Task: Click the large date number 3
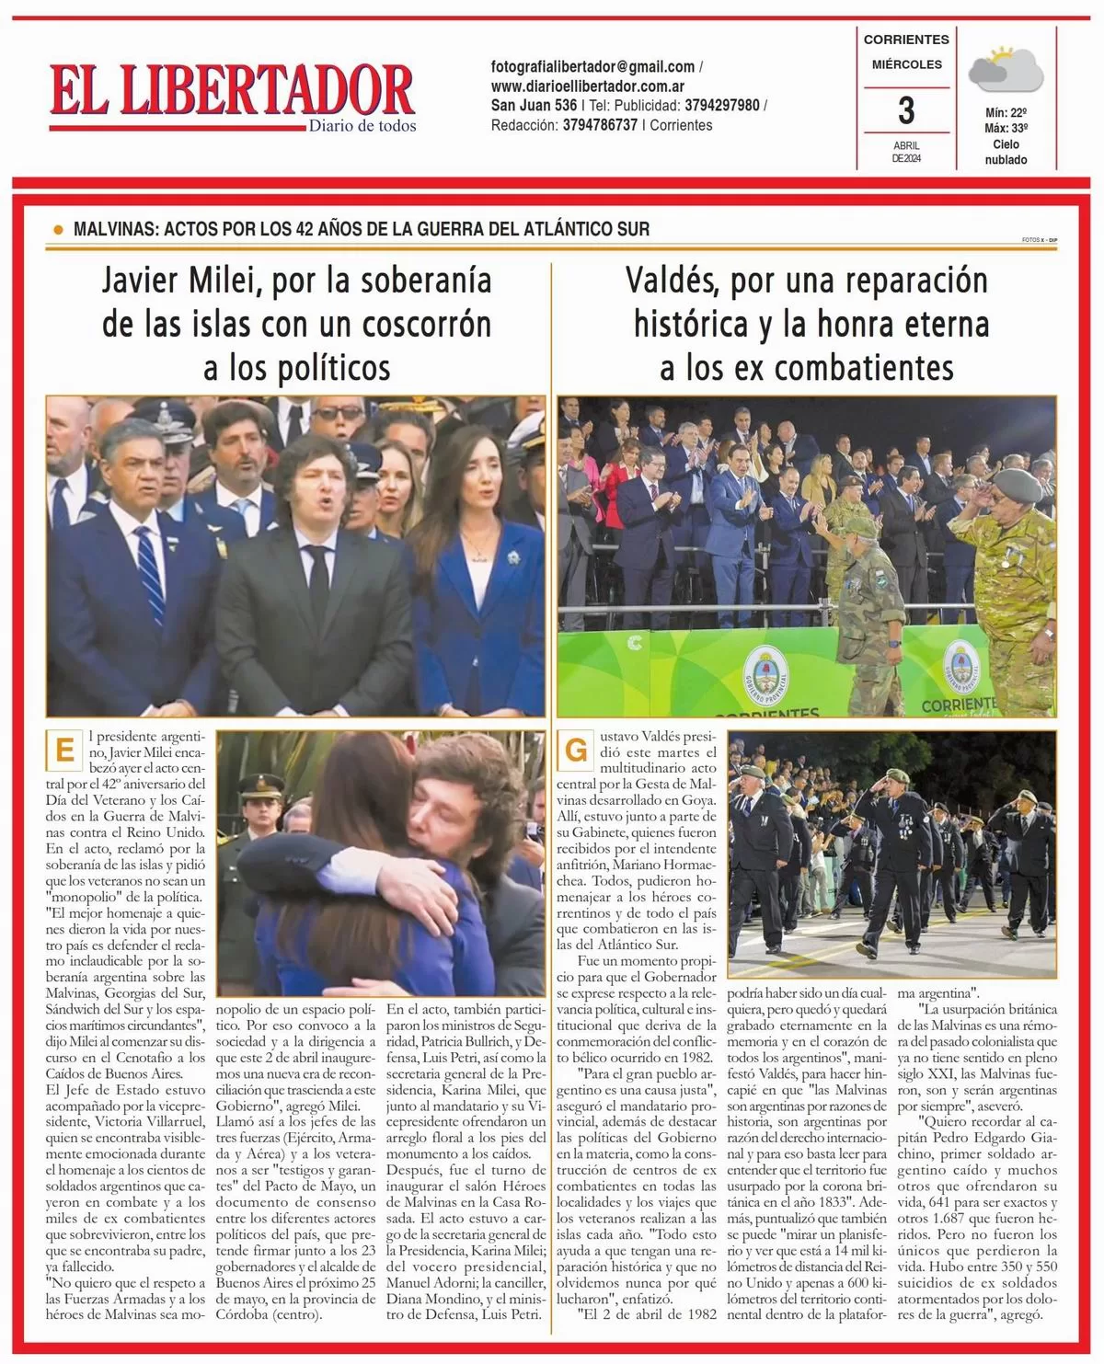pyautogui.click(x=906, y=110)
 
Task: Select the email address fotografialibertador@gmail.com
pyautogui.click(x=592, y=67)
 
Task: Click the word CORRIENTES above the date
pyautogui.click(x=906, y=40)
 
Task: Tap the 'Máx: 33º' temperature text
pyautogui.click(x=1006, y=129)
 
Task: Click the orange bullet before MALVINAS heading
pyautogui.click(x=59, y=230)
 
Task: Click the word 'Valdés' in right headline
pyautogui.click(x=673, y=281)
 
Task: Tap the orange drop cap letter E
pyautogui.click(x=64, y=750)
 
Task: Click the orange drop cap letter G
pyautogui.click(x=576, y=750)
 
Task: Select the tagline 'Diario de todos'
pyautogui.click(x=362, y=126)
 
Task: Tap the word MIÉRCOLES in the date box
pyautogui.click(x=906, y=64)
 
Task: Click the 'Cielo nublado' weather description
pyautogui.click(x=1006, y=152)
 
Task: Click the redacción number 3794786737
pyautogui.click(x=600, y=125)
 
